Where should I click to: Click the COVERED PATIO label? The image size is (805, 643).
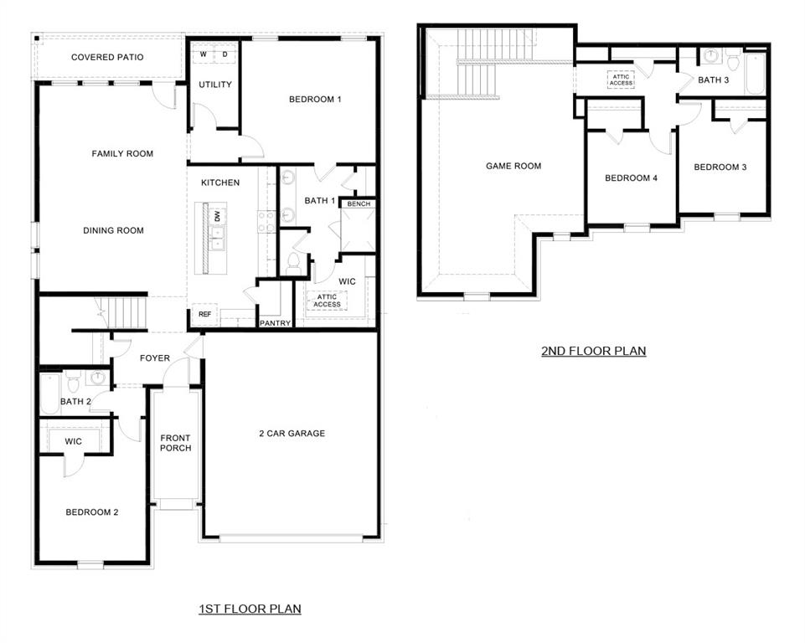coord(107,58)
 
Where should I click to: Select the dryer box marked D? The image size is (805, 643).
coord(224,54)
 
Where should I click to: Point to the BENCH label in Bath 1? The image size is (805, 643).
coord(359,203)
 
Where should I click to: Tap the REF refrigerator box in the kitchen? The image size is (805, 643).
coord(204,315)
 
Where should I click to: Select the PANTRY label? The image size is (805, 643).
coord(275,322)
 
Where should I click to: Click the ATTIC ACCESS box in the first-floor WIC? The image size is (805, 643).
coord(328,301)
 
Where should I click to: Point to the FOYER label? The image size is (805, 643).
coord(154,358)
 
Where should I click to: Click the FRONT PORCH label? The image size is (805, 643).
coord(176,443)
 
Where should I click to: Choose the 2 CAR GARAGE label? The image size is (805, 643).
coord(292,434)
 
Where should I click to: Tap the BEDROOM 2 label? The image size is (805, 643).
coord(92,512)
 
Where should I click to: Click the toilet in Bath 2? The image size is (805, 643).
coord(73,383)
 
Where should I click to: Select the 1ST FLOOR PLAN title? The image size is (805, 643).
coord(250,609)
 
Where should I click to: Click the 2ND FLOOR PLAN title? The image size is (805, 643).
coord(593,351)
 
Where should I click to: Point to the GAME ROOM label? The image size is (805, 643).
coord(513,166)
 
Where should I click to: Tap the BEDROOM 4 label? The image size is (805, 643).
coord(631,178)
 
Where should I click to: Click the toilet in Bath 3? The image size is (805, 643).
coord(733,62)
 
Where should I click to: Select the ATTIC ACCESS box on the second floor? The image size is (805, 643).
coord(621,80)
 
